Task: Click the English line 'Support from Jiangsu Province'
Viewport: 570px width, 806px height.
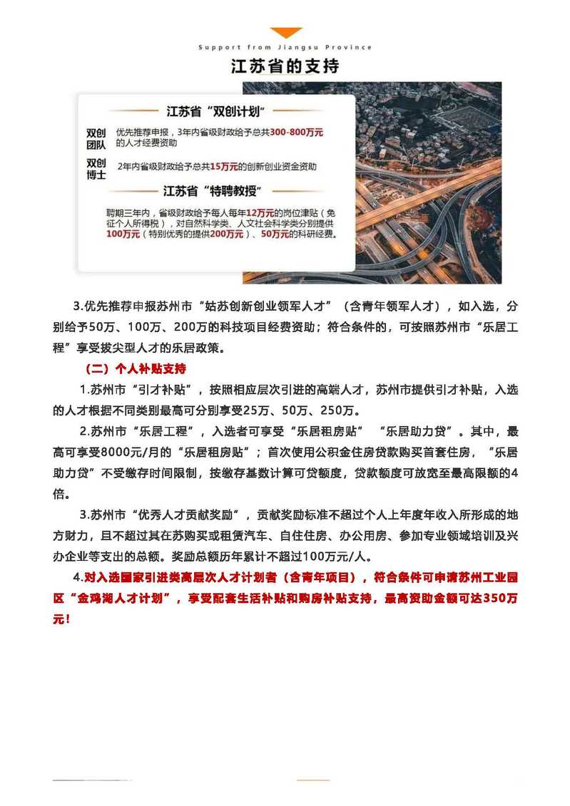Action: [285, 48]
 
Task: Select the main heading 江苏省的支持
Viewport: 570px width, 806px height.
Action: [285, 66]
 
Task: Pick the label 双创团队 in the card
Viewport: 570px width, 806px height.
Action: [96, 139]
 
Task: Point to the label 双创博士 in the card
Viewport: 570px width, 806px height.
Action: [96, 168]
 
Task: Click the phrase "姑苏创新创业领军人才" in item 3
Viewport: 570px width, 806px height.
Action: [268, 306]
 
